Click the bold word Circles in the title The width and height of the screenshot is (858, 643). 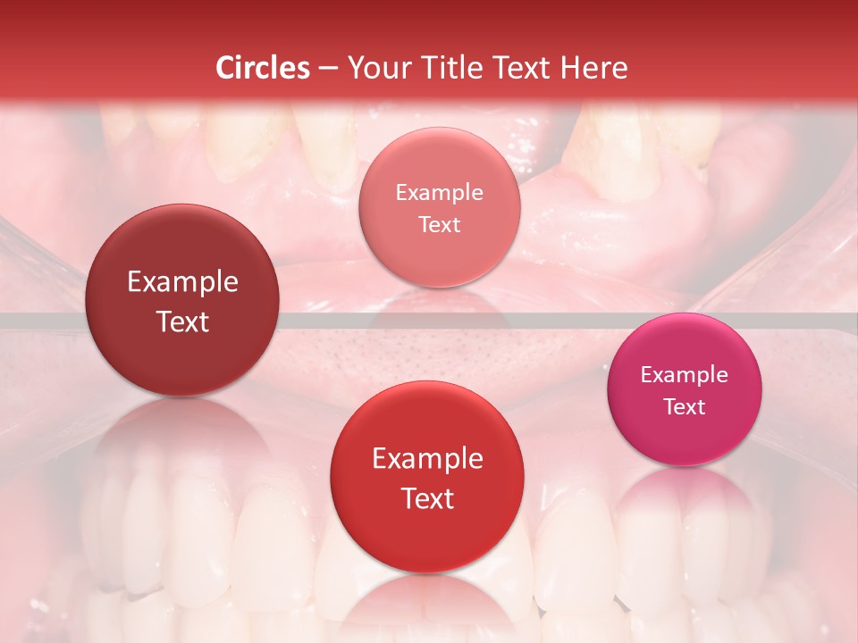click(x=263, y=68)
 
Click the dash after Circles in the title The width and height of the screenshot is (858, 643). click(x=327, y=69)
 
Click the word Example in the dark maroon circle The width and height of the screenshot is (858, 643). click(x=182, y=282)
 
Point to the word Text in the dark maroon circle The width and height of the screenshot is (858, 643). click(x=182, y=321)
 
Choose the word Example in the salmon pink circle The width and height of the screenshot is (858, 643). click(x=439, y=193)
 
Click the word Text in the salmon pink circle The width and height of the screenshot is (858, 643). click(x=439, y=224)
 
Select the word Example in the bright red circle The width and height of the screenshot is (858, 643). click(x=427, y=459)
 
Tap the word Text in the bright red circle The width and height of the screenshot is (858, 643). click(x=427, y=498)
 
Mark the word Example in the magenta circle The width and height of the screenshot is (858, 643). click(x=685, y=375)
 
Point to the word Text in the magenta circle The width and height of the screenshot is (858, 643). click(x=685, y=407)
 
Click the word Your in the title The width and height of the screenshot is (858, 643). click(x=377, y=68)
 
